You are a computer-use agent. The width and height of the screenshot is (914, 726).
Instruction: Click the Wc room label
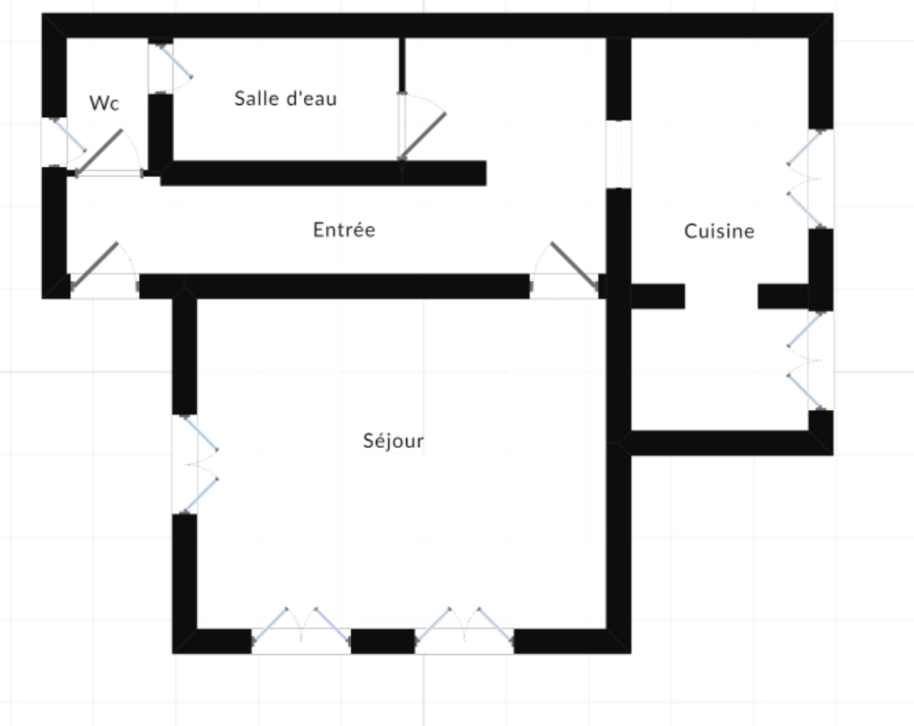tap(104, 103)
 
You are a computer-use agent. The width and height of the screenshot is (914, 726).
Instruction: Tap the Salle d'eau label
tap(285, 99)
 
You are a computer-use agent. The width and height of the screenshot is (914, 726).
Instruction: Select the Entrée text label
tap(344, 230)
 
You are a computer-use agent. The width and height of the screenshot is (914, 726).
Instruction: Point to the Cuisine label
tap(719, 231)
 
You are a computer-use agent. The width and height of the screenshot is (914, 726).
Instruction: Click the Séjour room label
tap(393, 441)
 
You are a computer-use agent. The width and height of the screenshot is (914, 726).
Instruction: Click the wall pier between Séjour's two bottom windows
tap(383, 641)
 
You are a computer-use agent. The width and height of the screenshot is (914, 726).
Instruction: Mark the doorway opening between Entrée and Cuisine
tap(619, 155)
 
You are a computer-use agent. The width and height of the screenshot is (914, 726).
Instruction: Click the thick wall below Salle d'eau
tap(323, 173)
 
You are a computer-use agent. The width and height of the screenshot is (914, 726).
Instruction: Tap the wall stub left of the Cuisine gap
tap(657, 296)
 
